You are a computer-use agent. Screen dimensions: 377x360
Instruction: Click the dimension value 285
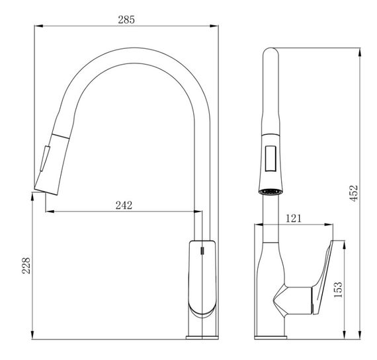[x=126, y=19]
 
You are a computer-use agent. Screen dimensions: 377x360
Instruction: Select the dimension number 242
[x=124, y=205]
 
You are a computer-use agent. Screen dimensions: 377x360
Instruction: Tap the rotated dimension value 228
[x=26, y=266]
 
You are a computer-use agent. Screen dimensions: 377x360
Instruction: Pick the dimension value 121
[x=293, y=218]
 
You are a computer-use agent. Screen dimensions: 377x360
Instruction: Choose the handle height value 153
[x=338, y=289]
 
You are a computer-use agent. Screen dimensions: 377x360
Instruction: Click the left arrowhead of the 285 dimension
[x=39, y=26]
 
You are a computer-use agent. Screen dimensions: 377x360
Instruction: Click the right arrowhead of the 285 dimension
[x=214, y=26]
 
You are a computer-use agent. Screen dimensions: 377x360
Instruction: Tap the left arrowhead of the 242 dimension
[x=50, y=211]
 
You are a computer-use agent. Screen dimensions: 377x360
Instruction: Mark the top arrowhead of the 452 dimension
[x=360, y=53]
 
